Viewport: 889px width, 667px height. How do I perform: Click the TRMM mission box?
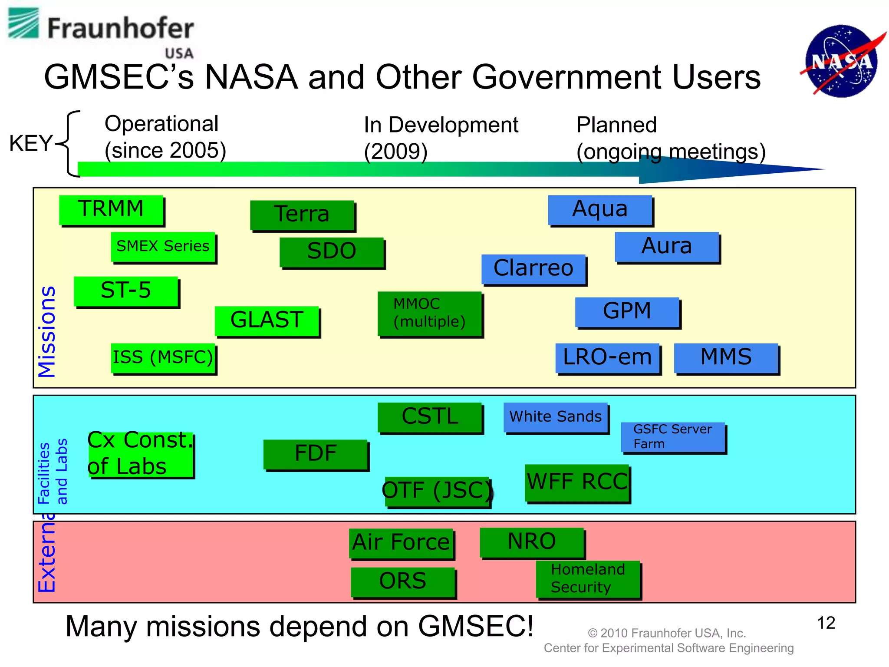111,210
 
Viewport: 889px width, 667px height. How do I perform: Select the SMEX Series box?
163,247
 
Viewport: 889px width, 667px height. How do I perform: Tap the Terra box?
302,215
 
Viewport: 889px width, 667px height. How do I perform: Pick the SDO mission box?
332,252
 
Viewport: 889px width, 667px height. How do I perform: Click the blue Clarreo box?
533,269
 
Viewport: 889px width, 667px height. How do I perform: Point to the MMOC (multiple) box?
430,313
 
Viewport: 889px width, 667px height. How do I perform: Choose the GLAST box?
267,320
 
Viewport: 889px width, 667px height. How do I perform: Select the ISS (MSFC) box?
163,358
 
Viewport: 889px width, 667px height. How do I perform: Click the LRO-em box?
607,358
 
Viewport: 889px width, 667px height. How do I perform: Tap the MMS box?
726,358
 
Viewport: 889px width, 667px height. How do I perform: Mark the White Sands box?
556,417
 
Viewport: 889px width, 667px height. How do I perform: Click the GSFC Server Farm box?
673,437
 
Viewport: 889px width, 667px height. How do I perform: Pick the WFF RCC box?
577,482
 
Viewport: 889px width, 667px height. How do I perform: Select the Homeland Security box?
588,579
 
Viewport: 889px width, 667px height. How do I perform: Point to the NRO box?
532,542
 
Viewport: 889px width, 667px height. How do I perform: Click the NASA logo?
841,61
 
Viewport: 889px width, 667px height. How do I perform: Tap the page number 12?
826,623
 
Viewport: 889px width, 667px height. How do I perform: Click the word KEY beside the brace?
30,143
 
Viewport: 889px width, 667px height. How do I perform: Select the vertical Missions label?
47,332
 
